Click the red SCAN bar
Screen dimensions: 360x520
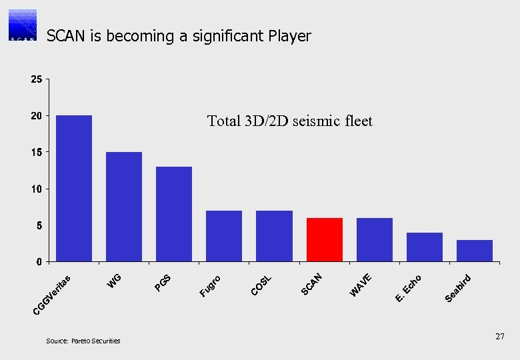324,239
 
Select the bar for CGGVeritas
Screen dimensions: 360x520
74,188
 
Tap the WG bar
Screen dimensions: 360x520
124,206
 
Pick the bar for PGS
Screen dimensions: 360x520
174,213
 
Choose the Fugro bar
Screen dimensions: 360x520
224,235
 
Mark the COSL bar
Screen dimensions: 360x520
274,235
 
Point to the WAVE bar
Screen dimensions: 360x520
374,239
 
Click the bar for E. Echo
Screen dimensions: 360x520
424,247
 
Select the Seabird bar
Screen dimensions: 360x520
474,250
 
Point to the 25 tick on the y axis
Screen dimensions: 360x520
36,80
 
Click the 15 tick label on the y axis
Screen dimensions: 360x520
36,153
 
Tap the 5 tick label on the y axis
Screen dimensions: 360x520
39,225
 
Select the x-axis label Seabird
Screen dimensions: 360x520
459,287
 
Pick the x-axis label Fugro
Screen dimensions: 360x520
211,284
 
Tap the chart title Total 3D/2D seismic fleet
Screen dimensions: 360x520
289,121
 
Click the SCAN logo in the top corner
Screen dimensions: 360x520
23,25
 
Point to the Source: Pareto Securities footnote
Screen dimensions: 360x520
83,341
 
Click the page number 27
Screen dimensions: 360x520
499,338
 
